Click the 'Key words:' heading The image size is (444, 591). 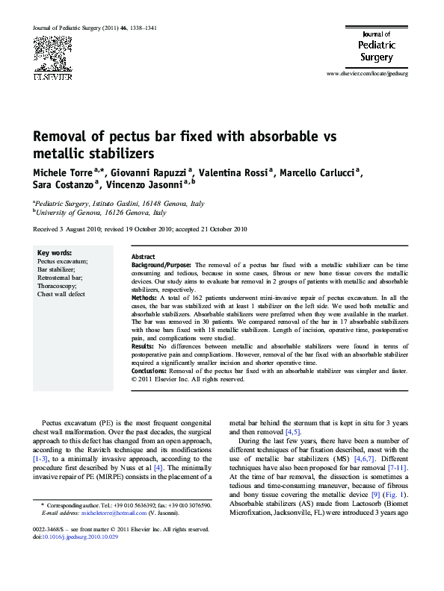[x=54, y=254]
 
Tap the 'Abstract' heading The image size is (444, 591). [x=144, y=256]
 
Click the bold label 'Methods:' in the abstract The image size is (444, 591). [x=145, y=297]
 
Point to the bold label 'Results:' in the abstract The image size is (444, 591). [x=144, y=347]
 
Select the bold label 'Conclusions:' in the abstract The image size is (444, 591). [x=149, y=371]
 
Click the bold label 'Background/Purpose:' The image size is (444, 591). [x=162, y=265]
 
